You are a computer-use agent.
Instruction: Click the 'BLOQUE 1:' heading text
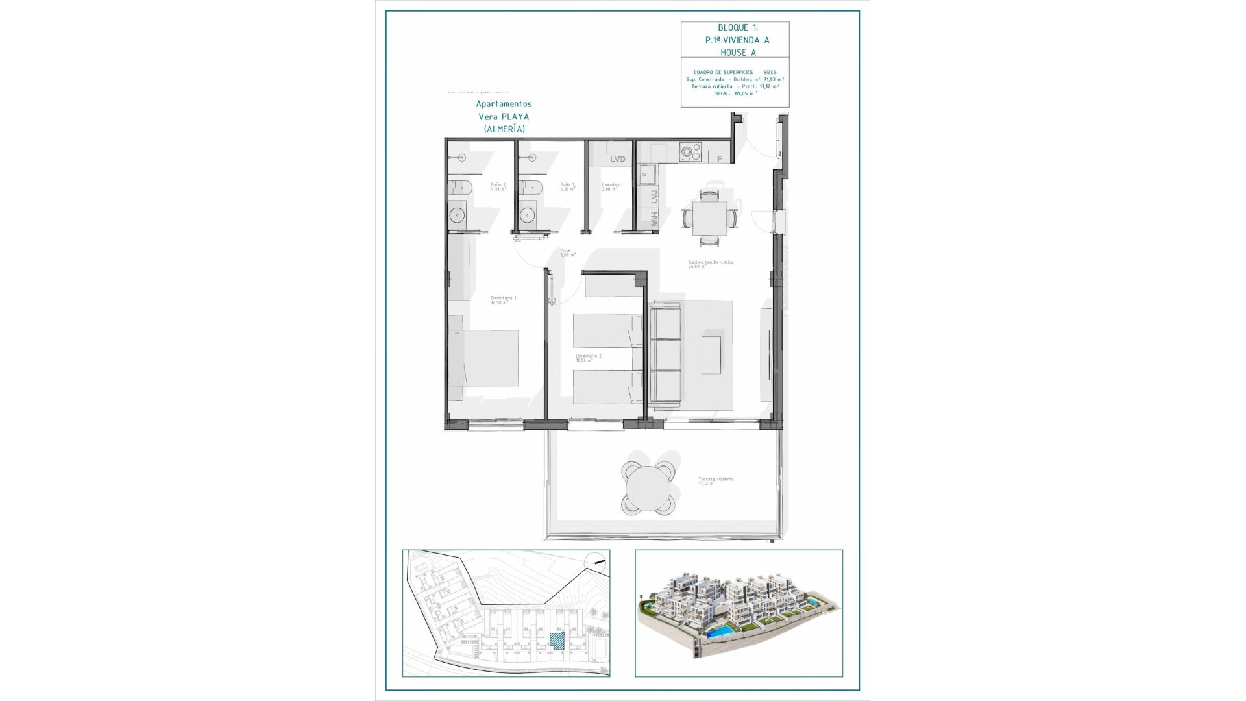(x=737, y=27)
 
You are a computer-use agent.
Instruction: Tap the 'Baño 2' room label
(x=498, y=186)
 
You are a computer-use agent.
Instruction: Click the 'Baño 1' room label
(x=567, y=186)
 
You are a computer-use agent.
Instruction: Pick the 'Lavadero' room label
(x=611, y=186)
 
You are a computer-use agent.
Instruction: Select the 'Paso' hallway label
(x=567, y=252)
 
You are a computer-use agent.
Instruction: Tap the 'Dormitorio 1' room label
(x=503, y=299)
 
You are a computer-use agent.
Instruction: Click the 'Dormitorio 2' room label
(x=589, y=357)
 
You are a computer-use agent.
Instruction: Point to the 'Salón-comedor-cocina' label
(x=711, y=264)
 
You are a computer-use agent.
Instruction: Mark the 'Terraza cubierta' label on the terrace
(x=716, y=480)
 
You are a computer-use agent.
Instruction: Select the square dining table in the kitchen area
(x=709, y=218)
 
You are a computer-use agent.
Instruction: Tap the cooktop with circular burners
(x=690, y=153)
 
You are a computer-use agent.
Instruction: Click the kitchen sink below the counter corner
(x=646, y=174)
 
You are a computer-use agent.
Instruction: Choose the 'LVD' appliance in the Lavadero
(x=617, y=159)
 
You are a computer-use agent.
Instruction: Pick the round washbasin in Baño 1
(x=526, y=214)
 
